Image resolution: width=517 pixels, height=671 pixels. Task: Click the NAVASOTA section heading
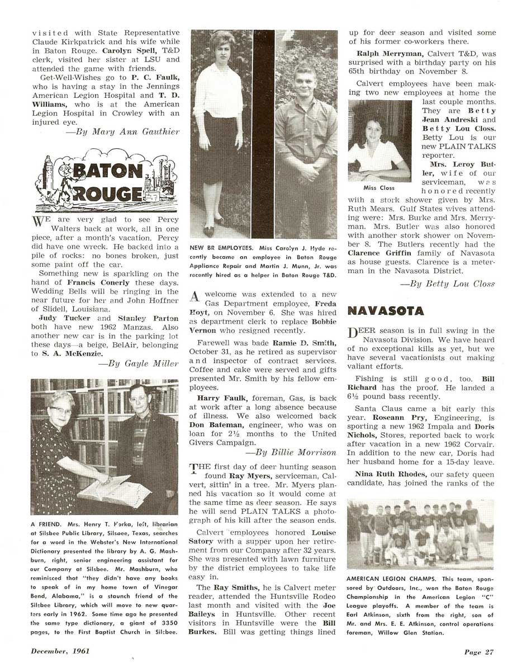pyautogui.click(x=385, y=311)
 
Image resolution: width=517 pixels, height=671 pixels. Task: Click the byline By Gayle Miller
pyautogui.click(x=139, y=363)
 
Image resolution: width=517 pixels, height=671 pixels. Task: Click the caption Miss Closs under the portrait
pyautogui.click(x=379, y=188)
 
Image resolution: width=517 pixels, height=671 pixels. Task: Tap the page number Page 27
pyautogui.click(x=479, y=651)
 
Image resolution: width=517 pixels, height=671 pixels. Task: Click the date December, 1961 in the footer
pyautogui.click(x=60, y=651)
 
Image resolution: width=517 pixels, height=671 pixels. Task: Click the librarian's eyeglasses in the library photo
pyautogui.click(x=60, y=411)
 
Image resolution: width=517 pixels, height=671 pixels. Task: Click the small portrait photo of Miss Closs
pyautogui.click(x=380, y=141)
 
